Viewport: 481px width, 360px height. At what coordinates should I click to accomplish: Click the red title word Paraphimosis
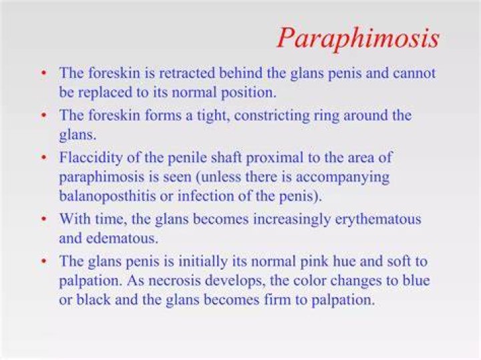[x=358, y=39]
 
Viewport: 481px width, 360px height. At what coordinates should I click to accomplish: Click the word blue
[x=417, y=281]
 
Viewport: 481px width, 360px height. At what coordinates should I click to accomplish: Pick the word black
[x=94, y=300]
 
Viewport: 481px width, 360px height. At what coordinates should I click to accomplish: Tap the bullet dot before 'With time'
[x=45, y=219]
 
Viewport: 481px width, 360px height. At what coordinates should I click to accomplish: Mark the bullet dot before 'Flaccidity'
[x=45, y=158]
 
